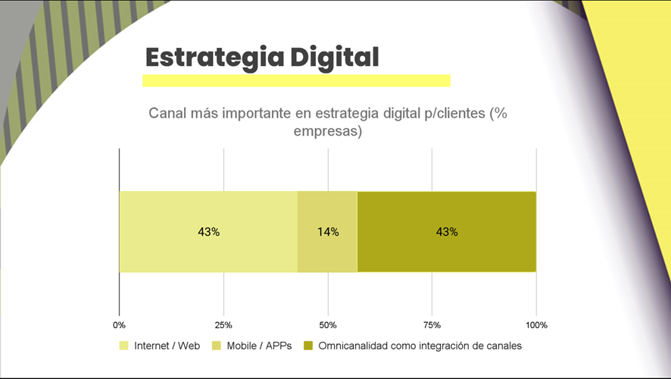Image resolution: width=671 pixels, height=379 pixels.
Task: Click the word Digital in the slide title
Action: (x=335, y=57)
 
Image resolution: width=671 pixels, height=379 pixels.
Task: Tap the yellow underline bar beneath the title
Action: (x=296, y=81)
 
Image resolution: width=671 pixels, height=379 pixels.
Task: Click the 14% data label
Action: (x=328, y=232)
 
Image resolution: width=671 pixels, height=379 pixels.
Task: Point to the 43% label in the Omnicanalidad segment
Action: (x=447, y=232)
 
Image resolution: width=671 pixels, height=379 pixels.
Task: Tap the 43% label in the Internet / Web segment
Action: (x=208, y=232)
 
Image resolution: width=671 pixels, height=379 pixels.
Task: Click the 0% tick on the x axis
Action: (x=119, y=325)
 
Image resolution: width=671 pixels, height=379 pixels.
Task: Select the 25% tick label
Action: (x=223, y=325)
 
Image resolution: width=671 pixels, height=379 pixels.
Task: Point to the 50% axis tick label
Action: (x=327, y=325)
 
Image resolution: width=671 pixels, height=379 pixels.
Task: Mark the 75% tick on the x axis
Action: (x=432, y=325)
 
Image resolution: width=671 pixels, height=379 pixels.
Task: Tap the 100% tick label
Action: (x=535, y=325)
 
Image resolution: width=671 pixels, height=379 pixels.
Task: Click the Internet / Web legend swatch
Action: (x=123, y=346)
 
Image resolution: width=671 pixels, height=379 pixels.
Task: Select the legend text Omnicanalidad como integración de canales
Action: (x=420, y=346)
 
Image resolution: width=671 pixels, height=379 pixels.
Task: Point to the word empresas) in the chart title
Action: (x=327, y=132)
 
